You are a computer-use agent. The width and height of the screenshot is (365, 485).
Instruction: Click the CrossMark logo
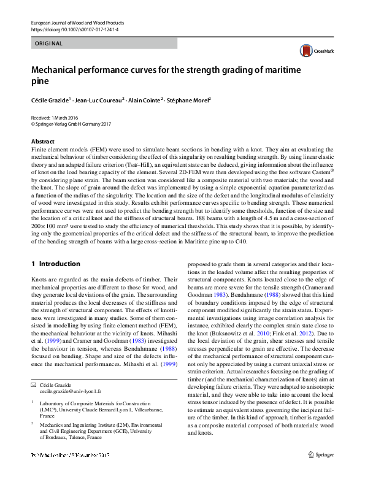click(315, 52)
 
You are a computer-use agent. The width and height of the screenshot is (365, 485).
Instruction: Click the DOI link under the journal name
click(75, 29)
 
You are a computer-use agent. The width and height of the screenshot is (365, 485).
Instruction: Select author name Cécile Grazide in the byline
click(53, 99)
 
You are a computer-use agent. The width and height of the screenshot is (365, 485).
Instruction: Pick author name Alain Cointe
click(144, 99)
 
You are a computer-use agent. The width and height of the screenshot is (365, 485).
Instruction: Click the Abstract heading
click(42, 141)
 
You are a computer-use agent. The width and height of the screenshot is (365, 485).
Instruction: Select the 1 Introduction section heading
click(56, 264)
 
